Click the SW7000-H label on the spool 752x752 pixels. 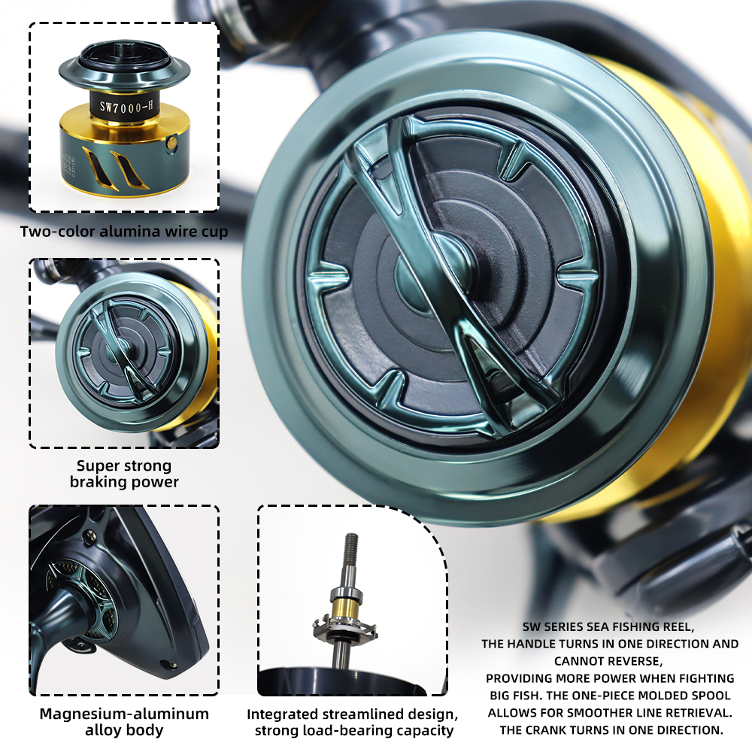coord(126,107)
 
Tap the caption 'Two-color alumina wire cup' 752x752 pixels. coord(124,232)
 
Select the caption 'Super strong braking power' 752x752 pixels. coord(124,474)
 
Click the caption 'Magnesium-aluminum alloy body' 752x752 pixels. coord(124,722)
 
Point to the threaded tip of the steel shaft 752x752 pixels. coord(352,544)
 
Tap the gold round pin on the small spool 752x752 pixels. coord(171,143)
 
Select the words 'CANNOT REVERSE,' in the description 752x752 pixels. coord(608,661)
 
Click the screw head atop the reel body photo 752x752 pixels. coord(89,535)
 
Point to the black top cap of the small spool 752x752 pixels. coord(124,54)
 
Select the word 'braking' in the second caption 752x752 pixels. coord(97,482)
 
